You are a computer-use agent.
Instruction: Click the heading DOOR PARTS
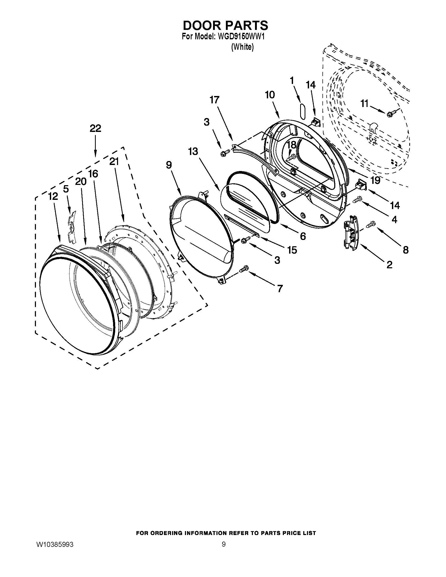(x=225, y=25)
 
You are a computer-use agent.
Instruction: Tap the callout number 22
(x=95, y=129)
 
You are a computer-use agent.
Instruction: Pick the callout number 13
(x=193, y=152)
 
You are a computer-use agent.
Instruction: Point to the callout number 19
(x=375, y=180)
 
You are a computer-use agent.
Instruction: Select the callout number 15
(x=292, y=250)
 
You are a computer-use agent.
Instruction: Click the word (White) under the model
(x=242, y=47)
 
